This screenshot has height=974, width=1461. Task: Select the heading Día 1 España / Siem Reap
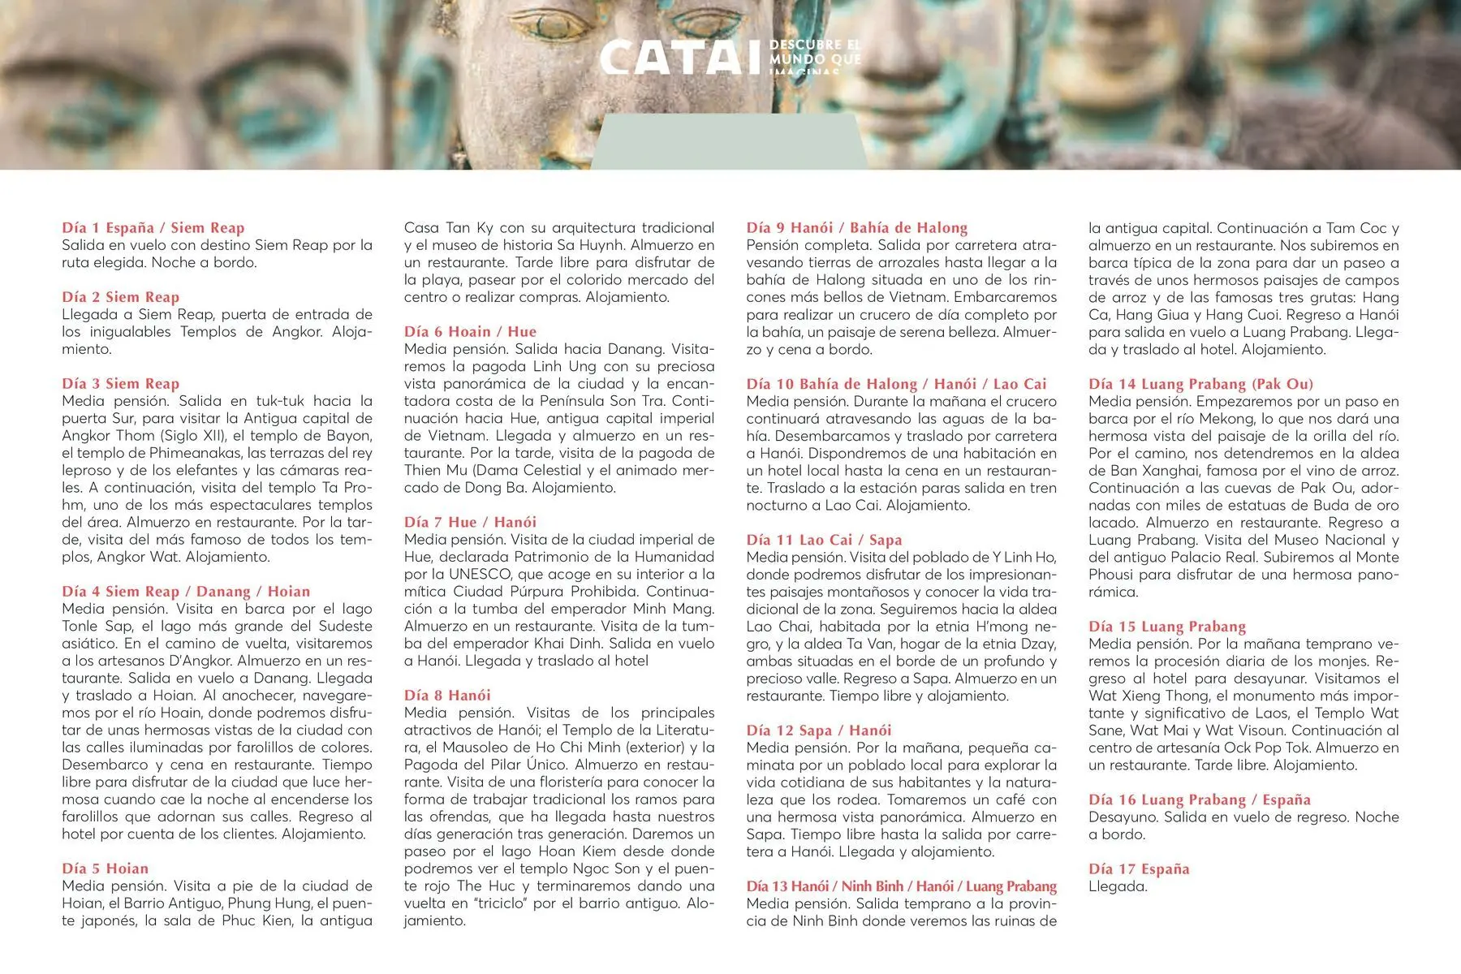[x=153, y=228]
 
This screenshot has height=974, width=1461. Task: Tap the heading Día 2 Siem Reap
[x=120, y=297]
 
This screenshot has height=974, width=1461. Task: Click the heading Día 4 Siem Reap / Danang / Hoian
[x=186, y=592]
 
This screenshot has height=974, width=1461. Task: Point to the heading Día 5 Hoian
[x=105, y=868]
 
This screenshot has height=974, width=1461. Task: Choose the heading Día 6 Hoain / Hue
[x=470, y=332]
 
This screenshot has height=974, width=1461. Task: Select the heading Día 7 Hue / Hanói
[x=470, y=523]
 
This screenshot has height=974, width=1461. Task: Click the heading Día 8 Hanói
[x=447, y=696]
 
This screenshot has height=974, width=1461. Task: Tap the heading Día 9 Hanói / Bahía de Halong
[x=856, y=228]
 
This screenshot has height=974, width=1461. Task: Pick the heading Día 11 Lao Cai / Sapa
[x=824, y=541]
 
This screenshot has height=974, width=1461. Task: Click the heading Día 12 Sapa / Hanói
[x=818, y=730]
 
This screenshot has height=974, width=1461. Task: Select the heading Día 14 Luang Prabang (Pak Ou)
[x=1200, y=384]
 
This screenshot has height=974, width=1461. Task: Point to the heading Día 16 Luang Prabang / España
[x=1199, y=800]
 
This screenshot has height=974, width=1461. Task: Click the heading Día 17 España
[x=1139, y=869]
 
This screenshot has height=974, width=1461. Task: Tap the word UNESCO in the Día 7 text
[x=480, y=575]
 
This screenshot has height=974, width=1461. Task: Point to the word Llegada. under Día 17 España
[x=1118, y=886]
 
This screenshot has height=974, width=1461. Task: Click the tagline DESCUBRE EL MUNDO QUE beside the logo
[x=814, y=52]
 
